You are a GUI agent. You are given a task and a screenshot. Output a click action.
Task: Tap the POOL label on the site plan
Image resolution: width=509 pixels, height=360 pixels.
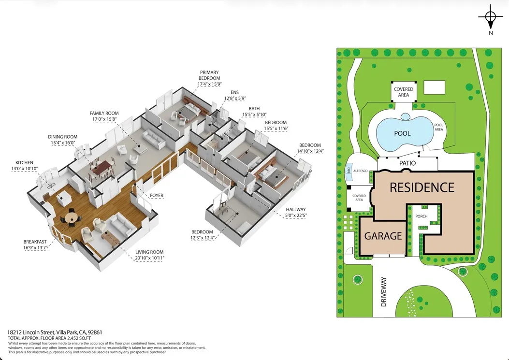(402, 133)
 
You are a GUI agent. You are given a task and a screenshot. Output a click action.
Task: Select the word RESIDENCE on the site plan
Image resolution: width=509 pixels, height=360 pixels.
(422, 187)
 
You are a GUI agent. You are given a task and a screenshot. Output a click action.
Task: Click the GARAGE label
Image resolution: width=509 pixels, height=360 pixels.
(383, 236)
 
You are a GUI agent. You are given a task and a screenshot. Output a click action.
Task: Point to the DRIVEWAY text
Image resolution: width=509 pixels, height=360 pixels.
(384, 292)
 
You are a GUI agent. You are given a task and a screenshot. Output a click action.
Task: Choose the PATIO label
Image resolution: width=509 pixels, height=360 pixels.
(407, 163)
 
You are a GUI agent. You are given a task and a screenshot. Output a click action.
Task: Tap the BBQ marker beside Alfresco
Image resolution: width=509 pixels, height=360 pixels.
(349, 170)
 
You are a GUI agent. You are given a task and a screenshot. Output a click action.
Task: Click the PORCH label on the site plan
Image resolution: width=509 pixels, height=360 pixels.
(422, 216)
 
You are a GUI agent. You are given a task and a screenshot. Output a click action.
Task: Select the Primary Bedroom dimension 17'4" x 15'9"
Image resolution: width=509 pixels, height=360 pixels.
(210, 84)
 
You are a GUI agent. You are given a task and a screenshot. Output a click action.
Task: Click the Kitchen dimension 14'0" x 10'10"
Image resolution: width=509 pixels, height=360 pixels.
(25, 169)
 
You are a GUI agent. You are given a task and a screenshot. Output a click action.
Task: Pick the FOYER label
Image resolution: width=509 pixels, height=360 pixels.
(157, 195)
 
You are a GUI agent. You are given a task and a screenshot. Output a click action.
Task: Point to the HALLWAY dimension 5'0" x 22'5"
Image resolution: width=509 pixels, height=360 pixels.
(296, 215)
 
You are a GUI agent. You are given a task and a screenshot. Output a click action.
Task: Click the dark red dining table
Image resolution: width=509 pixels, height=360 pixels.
(102, 168)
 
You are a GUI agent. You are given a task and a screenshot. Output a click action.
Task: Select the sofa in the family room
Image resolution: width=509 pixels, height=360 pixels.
(154, 140)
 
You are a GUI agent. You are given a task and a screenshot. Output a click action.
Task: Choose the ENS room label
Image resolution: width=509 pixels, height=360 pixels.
(235, 92)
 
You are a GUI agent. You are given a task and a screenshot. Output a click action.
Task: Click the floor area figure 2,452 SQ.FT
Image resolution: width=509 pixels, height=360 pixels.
(78, 338)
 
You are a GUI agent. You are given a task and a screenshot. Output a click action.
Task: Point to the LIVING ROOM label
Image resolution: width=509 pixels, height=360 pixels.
(149, 252)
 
